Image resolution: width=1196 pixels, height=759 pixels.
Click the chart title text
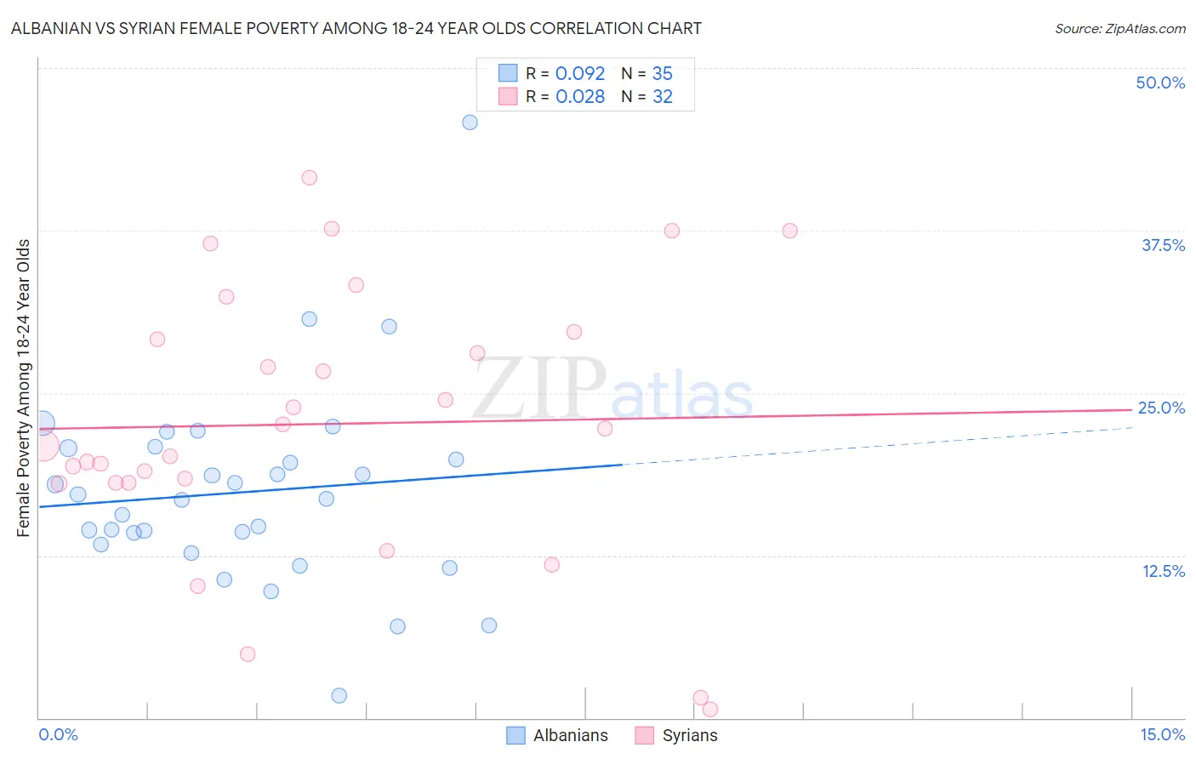(x=356, y=28)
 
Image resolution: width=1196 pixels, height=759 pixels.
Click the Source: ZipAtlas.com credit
(x=1119, y=28)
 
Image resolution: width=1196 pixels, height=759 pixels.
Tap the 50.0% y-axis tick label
(x=1159, y=83)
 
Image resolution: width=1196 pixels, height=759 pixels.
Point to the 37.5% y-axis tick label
(x=1162, y=245)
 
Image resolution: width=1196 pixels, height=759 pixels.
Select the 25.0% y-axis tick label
(x=1160, y=408)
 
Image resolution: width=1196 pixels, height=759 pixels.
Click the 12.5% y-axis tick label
(x=1162, y=571)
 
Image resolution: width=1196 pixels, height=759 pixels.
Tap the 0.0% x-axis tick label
(x=58, y=734)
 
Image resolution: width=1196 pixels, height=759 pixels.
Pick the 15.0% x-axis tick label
(x=1162, y=734)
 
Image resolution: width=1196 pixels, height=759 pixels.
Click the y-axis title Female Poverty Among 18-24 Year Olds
(x=24, y=388)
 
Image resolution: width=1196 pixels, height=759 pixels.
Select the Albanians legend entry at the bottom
(x=558, y=735)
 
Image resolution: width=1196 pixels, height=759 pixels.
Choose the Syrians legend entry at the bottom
(x=677, y=735)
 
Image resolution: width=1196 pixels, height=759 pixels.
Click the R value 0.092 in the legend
(x=579, y=74)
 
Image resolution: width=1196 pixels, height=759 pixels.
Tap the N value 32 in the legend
(x=662, y=97)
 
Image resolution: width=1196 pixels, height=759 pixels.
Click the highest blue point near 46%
(x=470, y=123)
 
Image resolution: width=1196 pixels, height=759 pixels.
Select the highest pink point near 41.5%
(x=310, y=178)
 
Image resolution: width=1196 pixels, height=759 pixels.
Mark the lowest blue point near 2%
(x=339, y=695)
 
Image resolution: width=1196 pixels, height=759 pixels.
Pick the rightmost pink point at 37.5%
(x=789, y=231)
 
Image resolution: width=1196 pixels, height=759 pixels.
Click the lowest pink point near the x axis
(x=710, y=709)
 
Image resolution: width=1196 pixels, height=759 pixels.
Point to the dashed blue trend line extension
(x=876, y=445)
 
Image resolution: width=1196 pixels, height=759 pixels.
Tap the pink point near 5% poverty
(x=248, y=653)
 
